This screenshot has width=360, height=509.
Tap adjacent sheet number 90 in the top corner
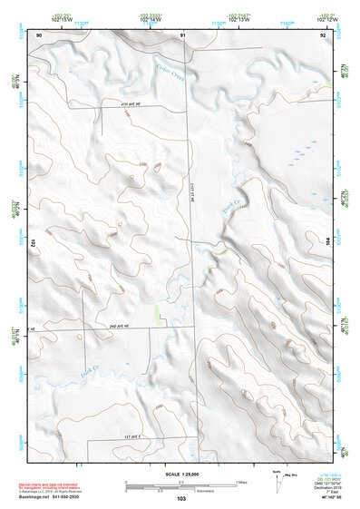39,34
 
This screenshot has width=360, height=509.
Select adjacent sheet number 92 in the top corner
323,34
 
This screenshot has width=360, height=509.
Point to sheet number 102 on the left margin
32,243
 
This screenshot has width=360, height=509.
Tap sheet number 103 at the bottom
181,499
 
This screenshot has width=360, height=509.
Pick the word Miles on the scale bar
241,481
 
